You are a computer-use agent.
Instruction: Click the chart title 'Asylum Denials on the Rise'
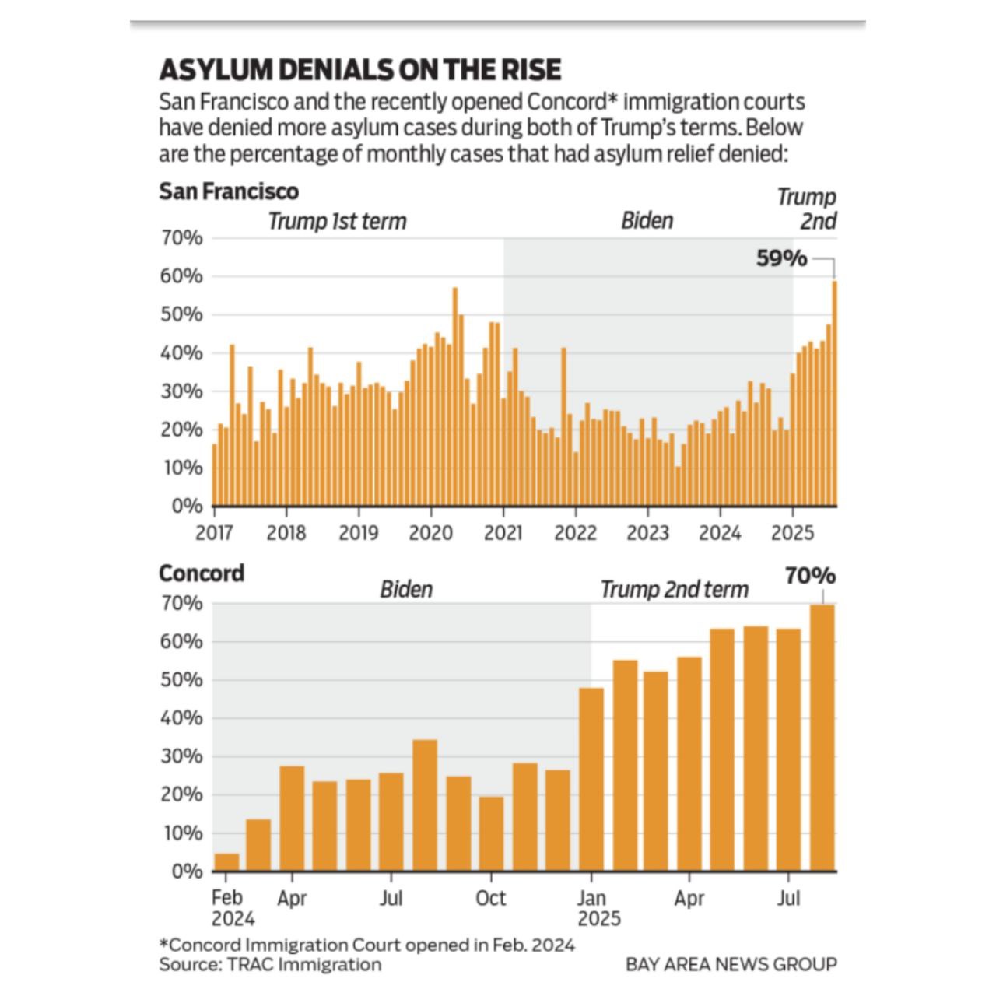359,70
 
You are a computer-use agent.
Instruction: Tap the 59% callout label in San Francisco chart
781,258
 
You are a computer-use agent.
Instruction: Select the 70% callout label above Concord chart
810,577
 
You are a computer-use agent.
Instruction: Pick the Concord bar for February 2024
226,862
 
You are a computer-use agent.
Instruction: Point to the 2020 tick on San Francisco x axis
431,532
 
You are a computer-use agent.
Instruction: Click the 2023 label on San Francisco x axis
647,532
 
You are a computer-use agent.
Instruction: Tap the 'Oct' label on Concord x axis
490,898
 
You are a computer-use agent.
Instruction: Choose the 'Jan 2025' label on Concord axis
598,908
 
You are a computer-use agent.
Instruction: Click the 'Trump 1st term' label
337,222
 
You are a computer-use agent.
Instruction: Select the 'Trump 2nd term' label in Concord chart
674,590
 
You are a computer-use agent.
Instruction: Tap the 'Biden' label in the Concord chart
405,590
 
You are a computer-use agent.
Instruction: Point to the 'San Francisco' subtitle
229,191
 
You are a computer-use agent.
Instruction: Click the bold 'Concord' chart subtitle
202,573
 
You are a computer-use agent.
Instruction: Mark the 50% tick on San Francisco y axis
182,315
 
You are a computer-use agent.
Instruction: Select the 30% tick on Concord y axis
182,756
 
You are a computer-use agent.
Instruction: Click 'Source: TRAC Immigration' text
270,965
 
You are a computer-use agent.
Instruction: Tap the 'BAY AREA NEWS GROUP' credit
731,965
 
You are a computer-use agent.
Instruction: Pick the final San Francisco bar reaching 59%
834,393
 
